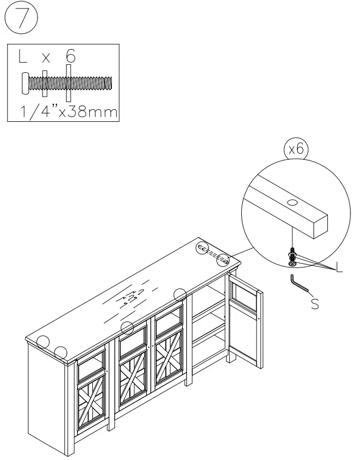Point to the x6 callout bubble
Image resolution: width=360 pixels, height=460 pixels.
pyautogui.click(x=296, y=150)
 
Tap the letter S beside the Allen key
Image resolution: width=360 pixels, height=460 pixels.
pyautogui.click(x=315, y=304)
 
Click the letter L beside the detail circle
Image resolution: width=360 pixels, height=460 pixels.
pyautogui.click(x=338, y=269)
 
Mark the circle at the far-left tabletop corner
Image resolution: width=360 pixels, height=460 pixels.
pyautogui.click(x=43, y=342)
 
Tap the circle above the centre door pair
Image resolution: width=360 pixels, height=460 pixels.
pyautogui.click(x=127, y=328)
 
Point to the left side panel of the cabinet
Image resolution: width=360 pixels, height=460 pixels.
pyautogui.click(x=46, y=396)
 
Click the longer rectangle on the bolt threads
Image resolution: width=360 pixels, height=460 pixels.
pyautogui.click(x=69, y=83)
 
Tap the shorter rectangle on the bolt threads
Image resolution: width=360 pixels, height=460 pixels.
pyautogui.click(x=45, y=83)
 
